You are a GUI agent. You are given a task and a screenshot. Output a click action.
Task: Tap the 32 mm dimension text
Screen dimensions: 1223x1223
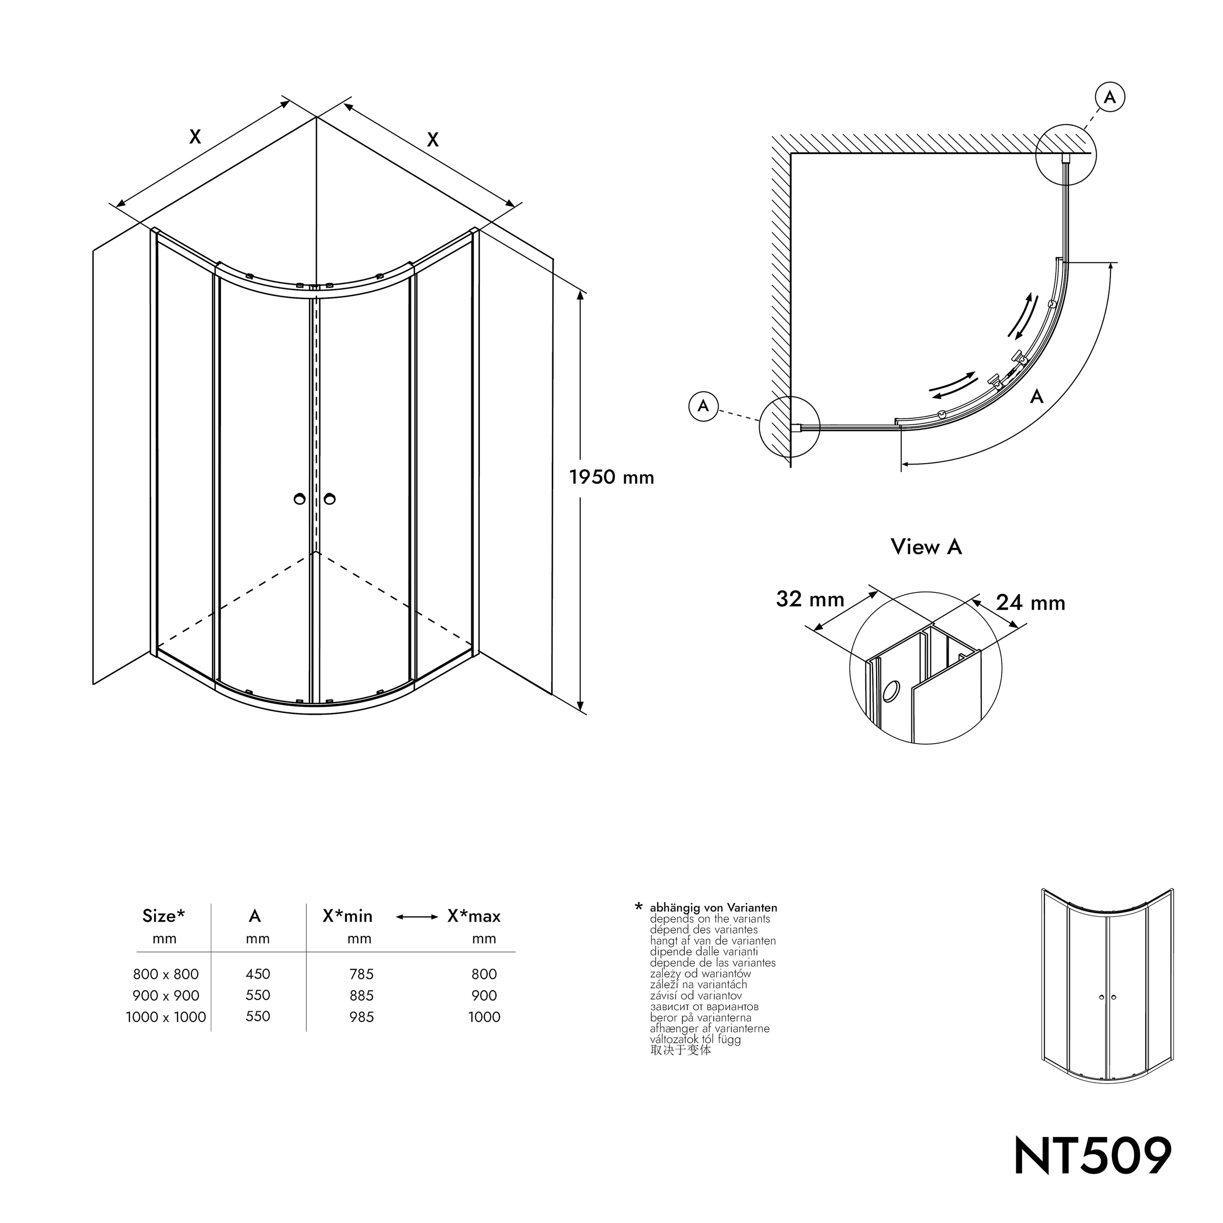(x=810, y=599)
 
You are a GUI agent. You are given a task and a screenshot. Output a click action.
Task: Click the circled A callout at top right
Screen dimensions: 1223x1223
(x=1110, y=97)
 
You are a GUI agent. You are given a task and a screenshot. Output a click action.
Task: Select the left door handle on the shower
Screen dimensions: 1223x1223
(x=299, y=499)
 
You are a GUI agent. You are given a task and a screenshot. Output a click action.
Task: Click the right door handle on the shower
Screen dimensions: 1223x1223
(x=329, y=499)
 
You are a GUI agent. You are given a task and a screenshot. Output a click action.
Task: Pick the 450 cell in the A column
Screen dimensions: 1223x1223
(x=258, y=974)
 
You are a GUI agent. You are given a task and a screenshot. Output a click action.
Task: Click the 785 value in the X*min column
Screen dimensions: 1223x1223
(x=361, y=974)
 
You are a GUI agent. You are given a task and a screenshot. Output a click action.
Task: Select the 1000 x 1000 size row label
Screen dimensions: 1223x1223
(x=166, y=1017)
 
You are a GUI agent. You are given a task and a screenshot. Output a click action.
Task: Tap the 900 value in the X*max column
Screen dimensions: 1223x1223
(x=484, y=996)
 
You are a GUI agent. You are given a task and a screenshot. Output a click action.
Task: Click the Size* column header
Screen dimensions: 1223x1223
(x=163, y=916)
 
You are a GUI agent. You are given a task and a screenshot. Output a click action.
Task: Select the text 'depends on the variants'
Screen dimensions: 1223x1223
(x=710, y=919)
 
